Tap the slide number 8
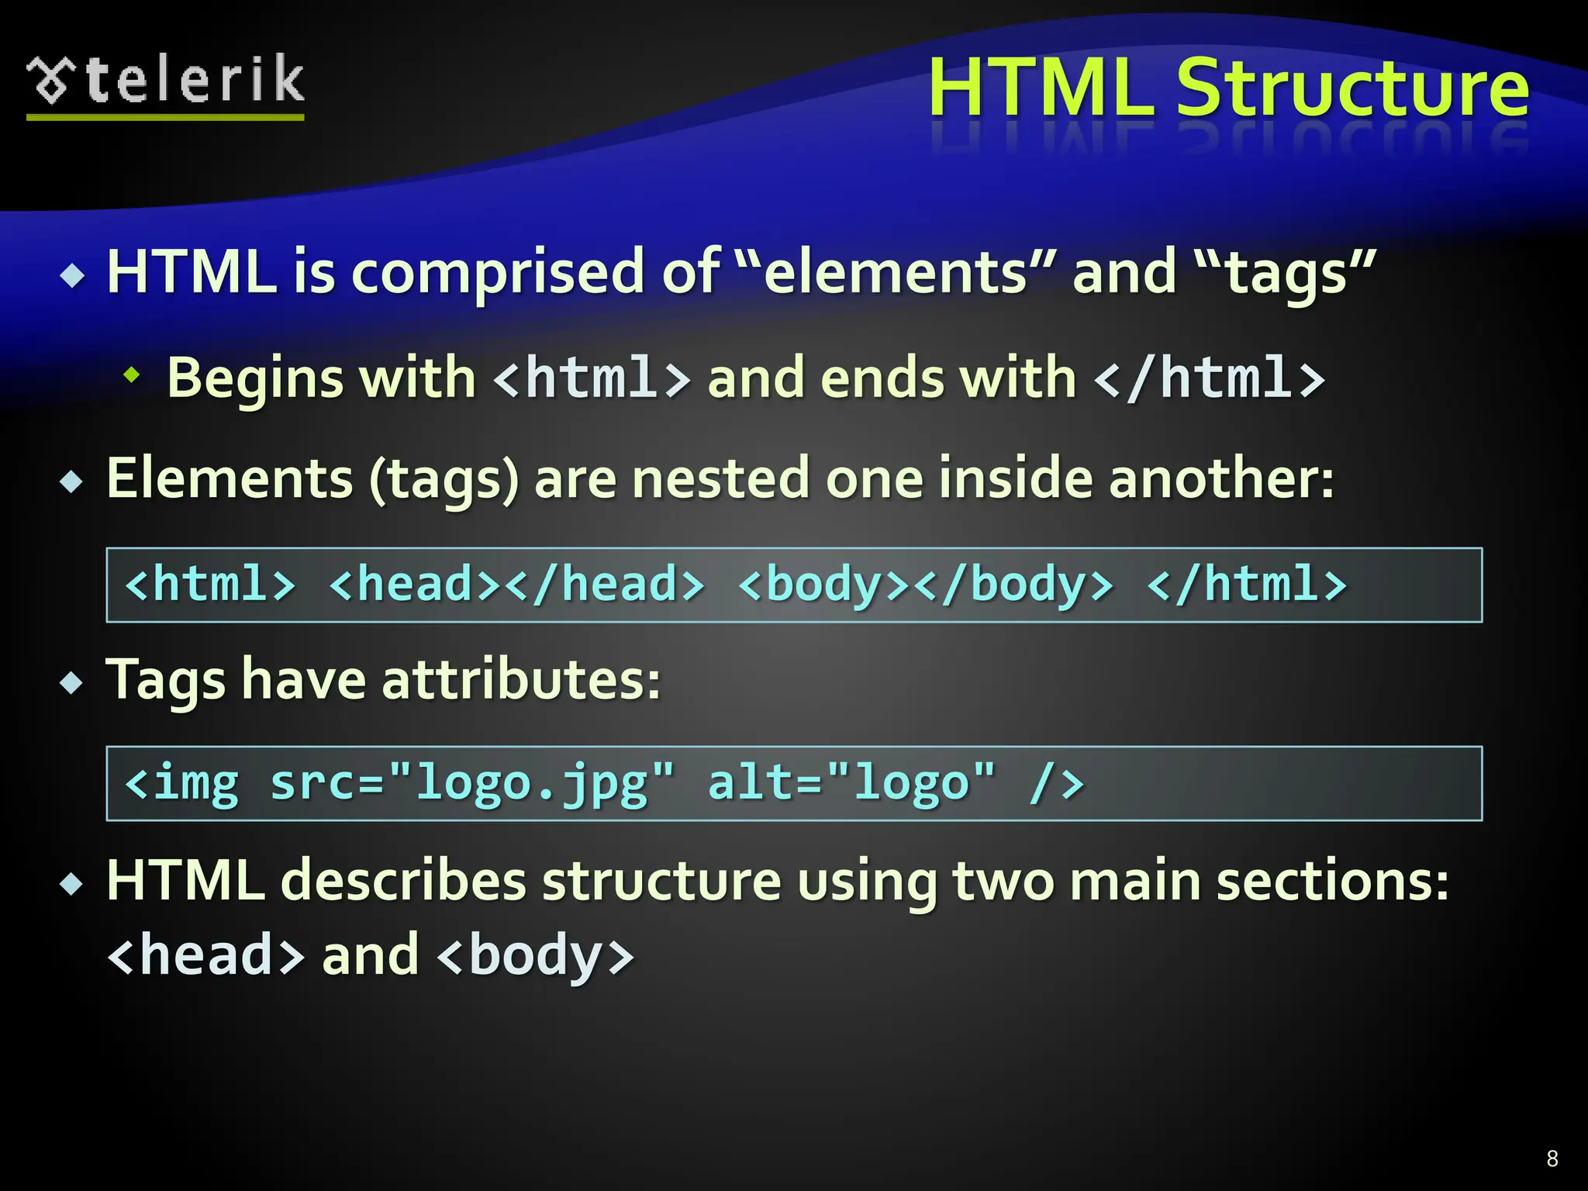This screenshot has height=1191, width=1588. (x=1552, y=1158)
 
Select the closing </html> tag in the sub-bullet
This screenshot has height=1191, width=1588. (x=1209, y=378)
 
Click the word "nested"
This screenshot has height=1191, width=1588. (x=720, y=478)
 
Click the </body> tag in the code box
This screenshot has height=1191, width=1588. (x=1013, y=585)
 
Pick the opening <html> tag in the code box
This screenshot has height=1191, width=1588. (x=210, y=585)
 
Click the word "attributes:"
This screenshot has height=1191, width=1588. (x=521, y=680)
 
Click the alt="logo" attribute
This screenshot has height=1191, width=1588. (x=851, y=783)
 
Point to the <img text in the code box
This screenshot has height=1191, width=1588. (x=181, y=783)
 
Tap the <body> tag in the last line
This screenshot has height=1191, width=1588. (x=536, y=955)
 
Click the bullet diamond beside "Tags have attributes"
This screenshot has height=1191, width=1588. (x=72, y=682)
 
